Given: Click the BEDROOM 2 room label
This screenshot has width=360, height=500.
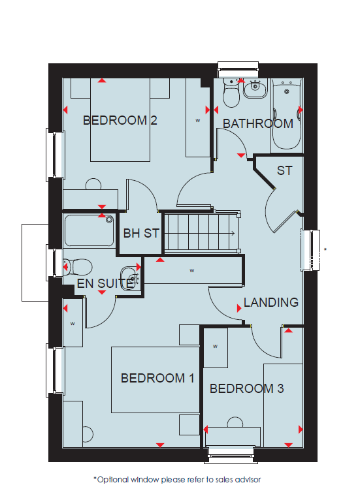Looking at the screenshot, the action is [120, 121].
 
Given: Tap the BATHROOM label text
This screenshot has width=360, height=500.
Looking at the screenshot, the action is [258, 124].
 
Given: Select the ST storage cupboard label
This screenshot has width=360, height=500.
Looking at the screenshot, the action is [284, 170].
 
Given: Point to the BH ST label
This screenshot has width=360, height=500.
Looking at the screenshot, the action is [141, 234].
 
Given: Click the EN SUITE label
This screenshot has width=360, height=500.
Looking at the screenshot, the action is [105, 283].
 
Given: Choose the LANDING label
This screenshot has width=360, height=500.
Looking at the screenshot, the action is [271, 302].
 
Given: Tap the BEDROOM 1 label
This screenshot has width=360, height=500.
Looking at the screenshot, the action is [157, 378].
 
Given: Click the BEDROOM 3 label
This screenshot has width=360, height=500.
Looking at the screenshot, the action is [247, 388].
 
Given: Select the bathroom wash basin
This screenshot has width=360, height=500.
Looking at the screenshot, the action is [255, 89].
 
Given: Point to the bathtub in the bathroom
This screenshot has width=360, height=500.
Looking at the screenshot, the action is [286, 114].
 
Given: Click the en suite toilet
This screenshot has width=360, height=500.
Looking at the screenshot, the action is [78, 266].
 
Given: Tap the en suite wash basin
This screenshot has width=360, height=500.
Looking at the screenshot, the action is [129, 278].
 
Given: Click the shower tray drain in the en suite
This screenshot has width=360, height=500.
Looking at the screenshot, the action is [110, 219].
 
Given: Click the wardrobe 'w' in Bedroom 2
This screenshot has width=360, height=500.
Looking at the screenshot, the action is [198, 121].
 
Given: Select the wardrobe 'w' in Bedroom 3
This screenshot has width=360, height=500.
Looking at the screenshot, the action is [215, 347].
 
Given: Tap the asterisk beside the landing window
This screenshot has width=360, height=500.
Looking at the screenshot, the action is [325, 249].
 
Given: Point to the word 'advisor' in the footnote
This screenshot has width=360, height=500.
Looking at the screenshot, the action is [248, 480].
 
